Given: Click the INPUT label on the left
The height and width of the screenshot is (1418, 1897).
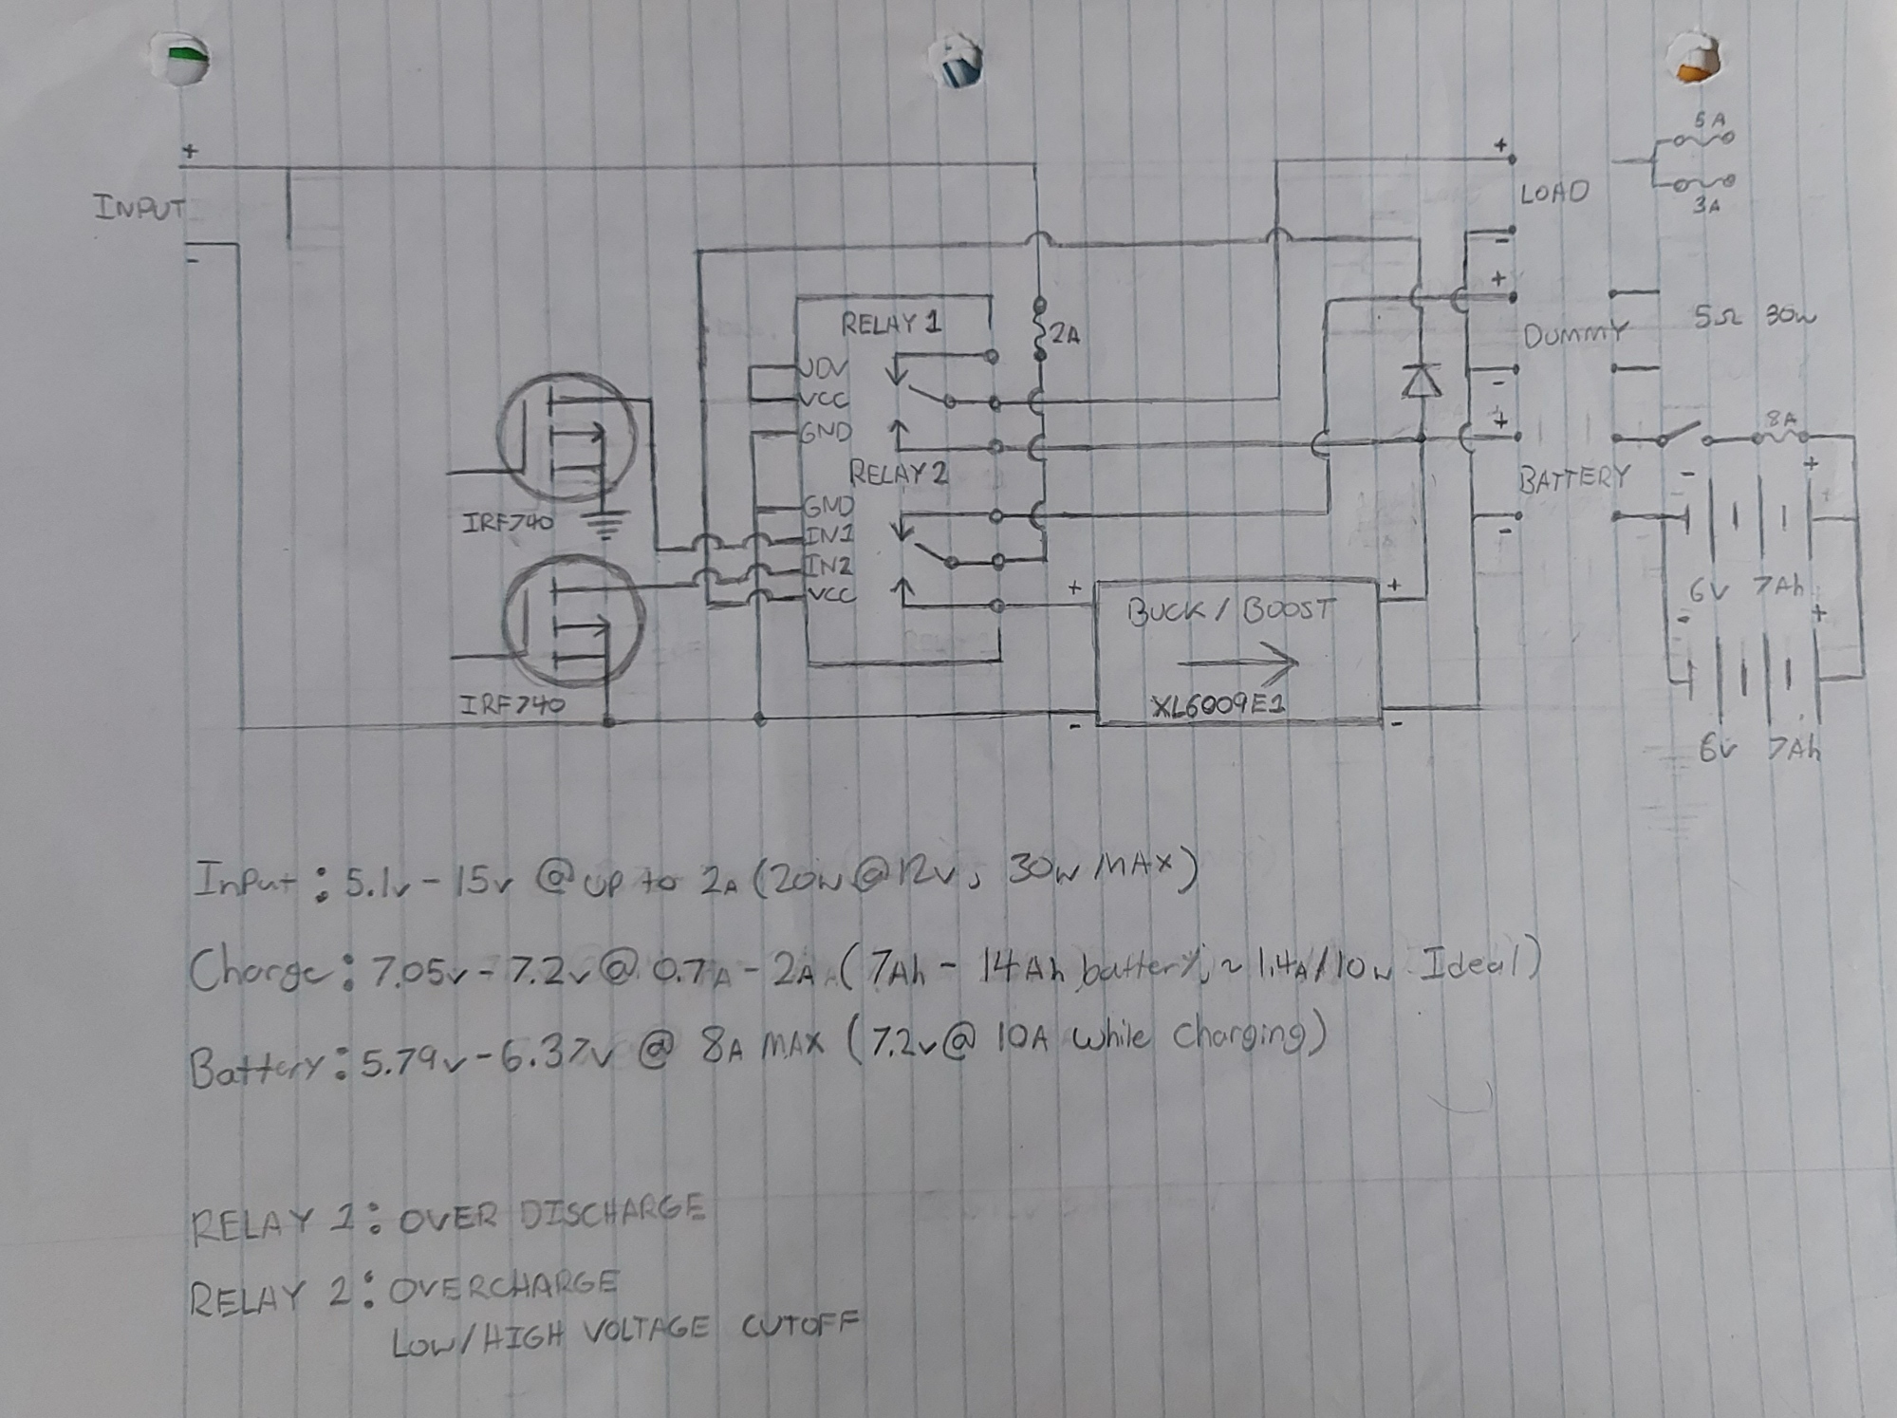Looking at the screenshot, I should pos(139,208).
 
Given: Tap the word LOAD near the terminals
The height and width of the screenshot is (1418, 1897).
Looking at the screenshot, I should pos(1553,194).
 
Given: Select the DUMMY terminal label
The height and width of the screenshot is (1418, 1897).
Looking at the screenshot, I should pos(1573,334).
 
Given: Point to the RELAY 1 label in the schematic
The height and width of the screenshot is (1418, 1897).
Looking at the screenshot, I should pos(891,325).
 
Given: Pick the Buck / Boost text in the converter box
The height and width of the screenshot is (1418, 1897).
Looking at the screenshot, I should pos(1232,611).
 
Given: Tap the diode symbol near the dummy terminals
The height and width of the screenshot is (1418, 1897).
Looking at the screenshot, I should pos(1421,381).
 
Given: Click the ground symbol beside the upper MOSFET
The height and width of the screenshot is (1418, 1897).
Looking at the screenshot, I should pos(604,524).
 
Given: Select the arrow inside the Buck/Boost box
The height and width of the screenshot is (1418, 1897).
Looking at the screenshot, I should pos(1237,660).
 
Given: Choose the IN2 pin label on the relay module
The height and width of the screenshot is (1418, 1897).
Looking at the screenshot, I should pos(828,566).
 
